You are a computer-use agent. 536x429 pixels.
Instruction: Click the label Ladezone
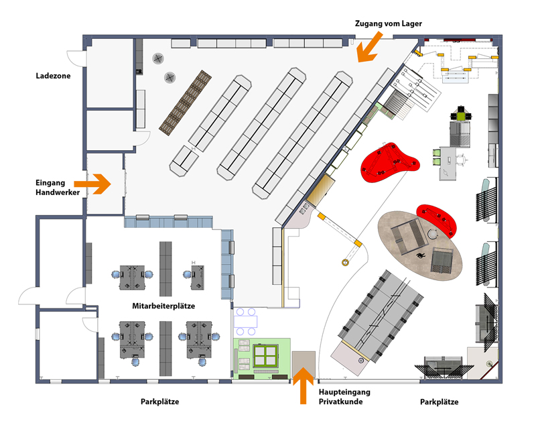(53, 76)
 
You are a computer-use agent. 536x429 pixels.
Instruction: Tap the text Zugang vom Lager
(388, 23)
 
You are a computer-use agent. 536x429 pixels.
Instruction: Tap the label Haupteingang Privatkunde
(344, 396)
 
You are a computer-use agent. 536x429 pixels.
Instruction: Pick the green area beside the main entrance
(262, 357)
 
